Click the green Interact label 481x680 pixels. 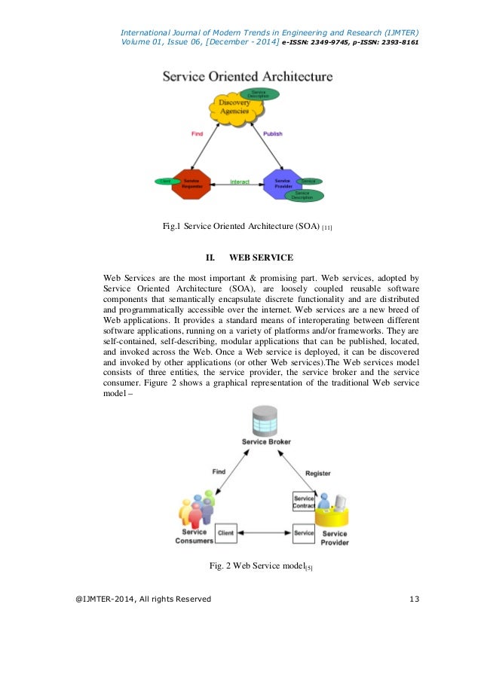[239, 182]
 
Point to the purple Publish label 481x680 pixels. [272, 134]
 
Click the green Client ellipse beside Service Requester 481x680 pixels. [165, 181]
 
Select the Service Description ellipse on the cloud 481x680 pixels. [259, 94]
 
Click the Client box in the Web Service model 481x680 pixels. [225, 533]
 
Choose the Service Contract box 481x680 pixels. [303, 502]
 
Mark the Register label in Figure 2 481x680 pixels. [317, 473]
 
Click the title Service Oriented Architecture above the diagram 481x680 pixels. [247, 77]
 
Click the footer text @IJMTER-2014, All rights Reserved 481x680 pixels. [143, 599]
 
